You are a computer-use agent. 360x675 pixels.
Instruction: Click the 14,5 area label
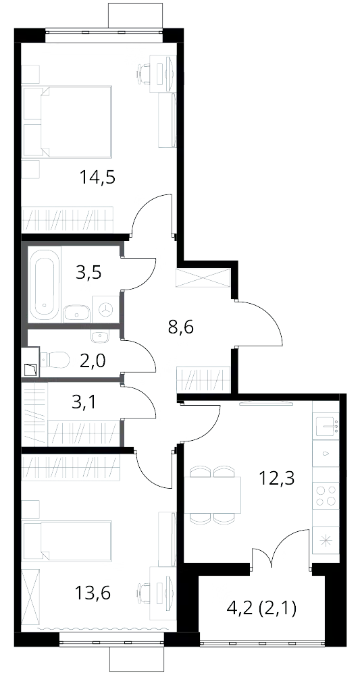click(99, 178)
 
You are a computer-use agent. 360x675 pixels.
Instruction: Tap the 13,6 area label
click(93, 594)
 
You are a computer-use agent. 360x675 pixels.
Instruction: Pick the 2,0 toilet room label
click(93, 359)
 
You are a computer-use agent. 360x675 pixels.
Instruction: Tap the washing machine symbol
click(106, 308)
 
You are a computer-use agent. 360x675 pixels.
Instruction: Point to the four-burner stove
click(326, 495)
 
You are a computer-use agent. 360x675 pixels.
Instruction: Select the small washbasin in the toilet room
click(100, 335)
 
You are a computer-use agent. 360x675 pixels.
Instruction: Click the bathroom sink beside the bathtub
click(76, 313)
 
